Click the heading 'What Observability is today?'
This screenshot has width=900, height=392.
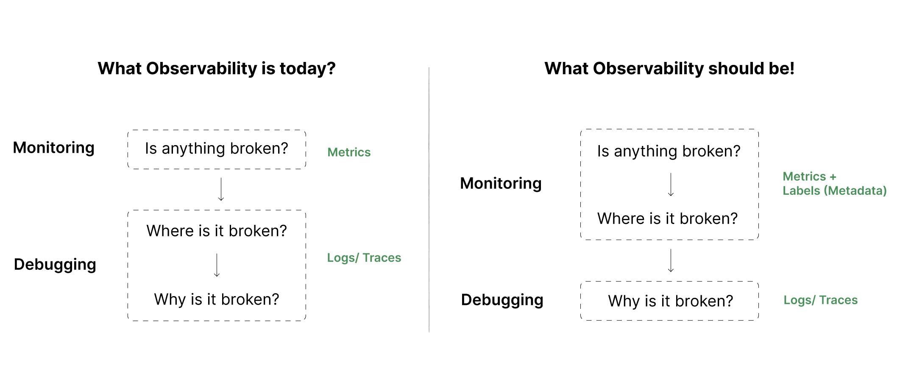(217, 68)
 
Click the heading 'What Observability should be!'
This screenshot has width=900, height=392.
(669, 68)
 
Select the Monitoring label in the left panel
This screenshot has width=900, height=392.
(54, 148)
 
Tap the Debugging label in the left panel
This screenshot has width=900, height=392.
(55, 264)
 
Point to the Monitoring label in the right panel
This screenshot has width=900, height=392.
(501, 183)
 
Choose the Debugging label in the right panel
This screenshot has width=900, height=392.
(502, 300)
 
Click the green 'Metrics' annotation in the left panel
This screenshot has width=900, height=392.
(349, 152)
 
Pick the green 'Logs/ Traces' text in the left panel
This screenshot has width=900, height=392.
(364, 258)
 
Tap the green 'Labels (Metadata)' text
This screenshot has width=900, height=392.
(834, 191)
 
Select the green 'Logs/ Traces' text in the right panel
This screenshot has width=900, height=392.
(820, 300)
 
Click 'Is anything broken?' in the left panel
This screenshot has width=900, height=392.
(217, 148)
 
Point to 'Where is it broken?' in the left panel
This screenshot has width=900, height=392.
(217, 231)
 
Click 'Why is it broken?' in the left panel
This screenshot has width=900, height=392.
(217, 300)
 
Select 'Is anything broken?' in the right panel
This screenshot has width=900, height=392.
(669, 151)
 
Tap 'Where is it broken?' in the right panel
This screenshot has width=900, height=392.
(668, 218)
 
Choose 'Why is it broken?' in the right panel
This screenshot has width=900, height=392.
(671, 301)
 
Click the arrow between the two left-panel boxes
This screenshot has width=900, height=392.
(221, 189)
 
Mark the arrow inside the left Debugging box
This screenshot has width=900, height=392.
(217, 265)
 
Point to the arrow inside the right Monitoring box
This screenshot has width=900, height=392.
(671, 185)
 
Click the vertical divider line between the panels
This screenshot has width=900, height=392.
(429, 199)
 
